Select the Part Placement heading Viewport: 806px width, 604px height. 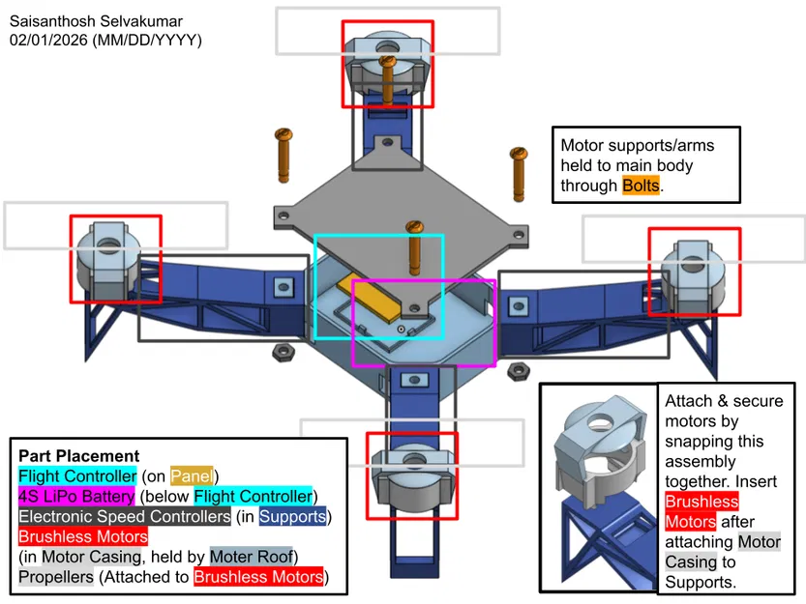[78, 456]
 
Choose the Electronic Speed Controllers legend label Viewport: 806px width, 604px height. [124, 517]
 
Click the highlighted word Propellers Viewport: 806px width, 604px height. [56, 578]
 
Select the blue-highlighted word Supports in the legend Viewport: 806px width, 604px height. [293, 517]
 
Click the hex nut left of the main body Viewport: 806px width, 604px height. [285, 350]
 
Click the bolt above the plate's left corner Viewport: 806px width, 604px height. [284, 154]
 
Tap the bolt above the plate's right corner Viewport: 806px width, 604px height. [518, 176]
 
